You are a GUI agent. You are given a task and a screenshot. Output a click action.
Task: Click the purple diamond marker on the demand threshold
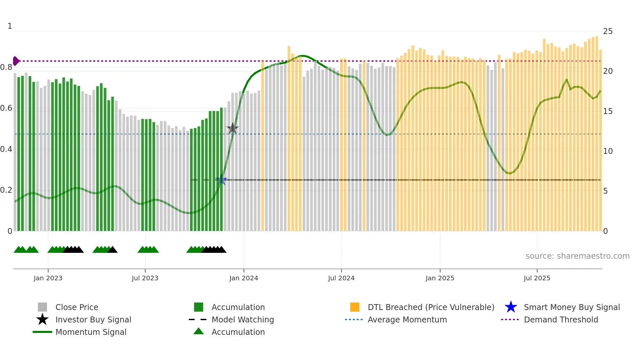coord(16,61)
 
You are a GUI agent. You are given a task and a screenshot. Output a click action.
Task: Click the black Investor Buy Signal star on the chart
coord(232,128)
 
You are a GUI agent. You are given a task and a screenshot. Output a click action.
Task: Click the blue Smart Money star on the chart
coord(221,180)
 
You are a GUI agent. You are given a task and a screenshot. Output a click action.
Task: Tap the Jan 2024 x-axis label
coord(244,278)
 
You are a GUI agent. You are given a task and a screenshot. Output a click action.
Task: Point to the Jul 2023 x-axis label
coord(145,278)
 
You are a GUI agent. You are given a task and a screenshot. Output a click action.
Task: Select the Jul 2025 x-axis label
coord(537,278)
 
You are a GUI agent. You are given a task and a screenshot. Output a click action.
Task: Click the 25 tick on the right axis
coord(608,31)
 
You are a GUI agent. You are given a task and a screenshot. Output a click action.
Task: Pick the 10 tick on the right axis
coord(608,151)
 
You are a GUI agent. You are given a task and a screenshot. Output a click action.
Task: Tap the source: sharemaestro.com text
coord(577,256)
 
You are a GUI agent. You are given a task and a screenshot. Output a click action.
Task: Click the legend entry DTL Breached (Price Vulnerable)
coord(431,307)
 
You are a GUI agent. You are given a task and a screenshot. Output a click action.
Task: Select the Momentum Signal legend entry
coord(91,332)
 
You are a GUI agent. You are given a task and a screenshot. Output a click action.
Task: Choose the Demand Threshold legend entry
coord(561,319)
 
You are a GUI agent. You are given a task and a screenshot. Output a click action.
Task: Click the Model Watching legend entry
coord(243,319)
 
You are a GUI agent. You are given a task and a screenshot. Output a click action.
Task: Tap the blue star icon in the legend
coord(511,307)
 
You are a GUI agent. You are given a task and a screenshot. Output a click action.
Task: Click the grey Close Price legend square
coord(42,307)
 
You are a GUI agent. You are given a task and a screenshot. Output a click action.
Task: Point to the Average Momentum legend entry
coord(407,319)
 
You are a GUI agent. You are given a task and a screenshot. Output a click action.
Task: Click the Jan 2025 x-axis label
coord(440,278)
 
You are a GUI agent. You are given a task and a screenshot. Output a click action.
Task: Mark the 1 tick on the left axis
coord(10,26)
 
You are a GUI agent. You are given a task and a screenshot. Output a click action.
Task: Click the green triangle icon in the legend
coord(199,331)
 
